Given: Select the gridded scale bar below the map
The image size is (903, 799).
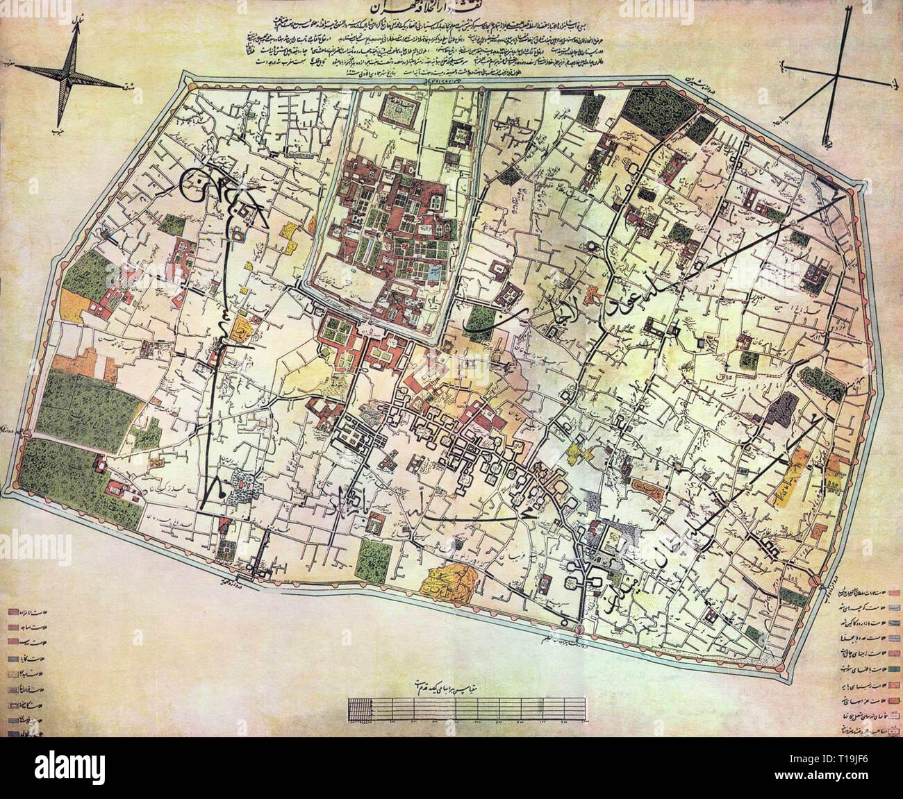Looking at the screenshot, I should click(465, 709).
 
